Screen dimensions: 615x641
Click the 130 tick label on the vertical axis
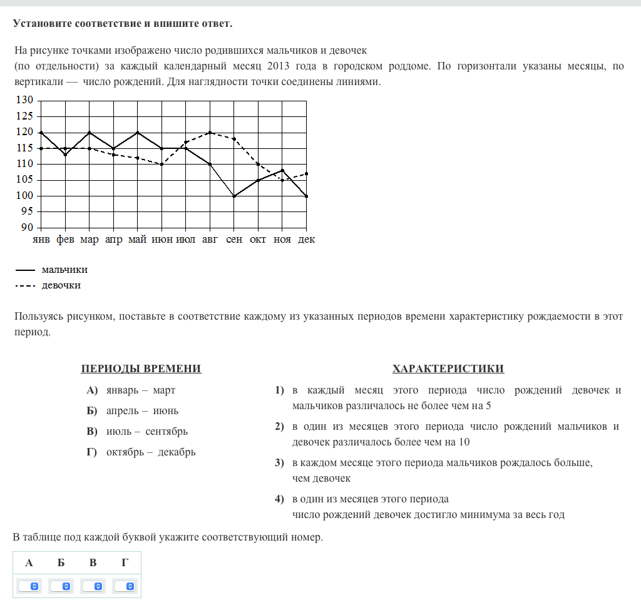click(24, 100)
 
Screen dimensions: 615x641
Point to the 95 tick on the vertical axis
click(26, 211)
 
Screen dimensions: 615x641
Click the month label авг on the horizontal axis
click(210, 240)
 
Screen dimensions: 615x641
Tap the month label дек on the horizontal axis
click(306, 240)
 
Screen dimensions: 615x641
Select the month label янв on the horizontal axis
click(41, 240)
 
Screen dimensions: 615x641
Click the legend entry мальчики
click(64, 270)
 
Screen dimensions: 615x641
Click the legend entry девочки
click(61, 285)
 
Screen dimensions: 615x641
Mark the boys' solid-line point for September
click(233, 196)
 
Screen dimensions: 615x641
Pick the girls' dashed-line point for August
click(210, 132)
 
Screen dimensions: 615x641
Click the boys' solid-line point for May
click(137, 132)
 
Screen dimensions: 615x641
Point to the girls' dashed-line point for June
click(162, 164)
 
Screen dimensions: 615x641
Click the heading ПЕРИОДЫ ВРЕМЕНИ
click(141, 368)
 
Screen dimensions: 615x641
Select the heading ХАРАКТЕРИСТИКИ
click(448, 368)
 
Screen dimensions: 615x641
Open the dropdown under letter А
click(29, 586)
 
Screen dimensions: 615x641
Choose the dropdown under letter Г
click(125, 586)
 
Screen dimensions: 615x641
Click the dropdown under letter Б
click(61, 586)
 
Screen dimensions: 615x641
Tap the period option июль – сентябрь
click(146, 431)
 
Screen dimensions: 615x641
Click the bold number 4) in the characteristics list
click(279, 499)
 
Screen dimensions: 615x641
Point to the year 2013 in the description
click(278, 66)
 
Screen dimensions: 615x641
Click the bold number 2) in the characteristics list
click(279, 427)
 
